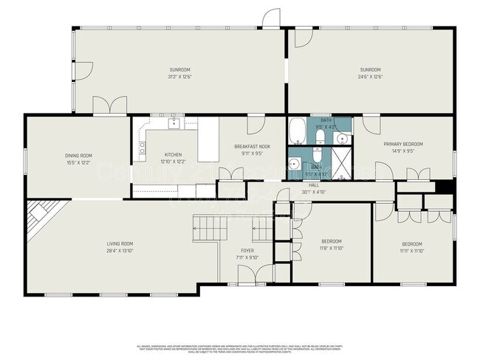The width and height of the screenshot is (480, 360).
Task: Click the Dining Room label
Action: (78, 155)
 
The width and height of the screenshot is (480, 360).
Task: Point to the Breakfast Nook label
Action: (252, 147)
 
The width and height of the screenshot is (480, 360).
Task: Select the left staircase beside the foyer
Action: (206, 227)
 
